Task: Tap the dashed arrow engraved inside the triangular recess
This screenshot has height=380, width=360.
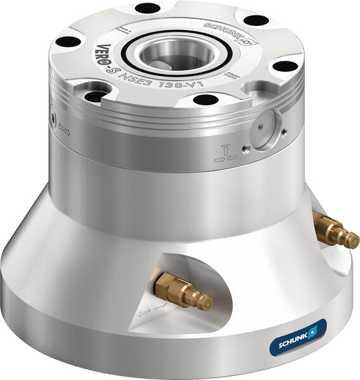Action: tap(150, 309)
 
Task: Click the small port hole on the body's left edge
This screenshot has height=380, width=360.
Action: tap(53, 117)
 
